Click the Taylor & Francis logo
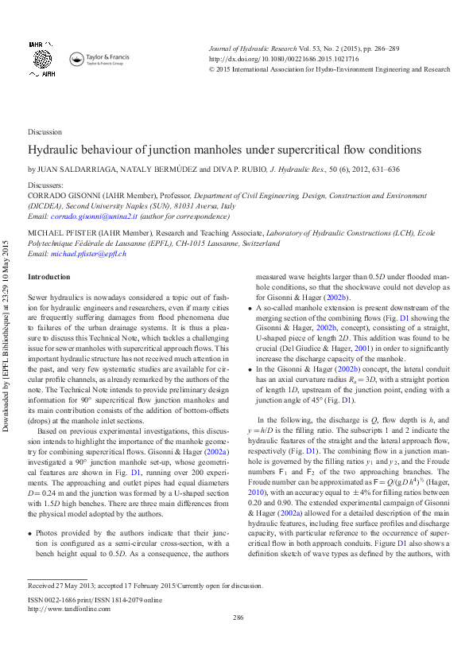100,59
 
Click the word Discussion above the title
45,132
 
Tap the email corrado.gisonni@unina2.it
95,216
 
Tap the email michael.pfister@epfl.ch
88,253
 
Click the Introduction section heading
49,276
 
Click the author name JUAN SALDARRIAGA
71,169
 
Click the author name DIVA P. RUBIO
241,169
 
